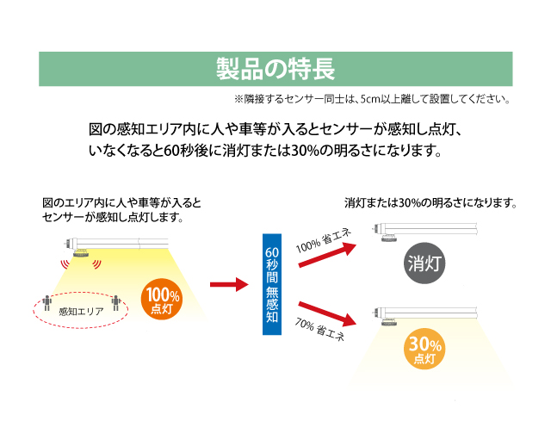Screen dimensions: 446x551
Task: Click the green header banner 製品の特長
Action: (x=275, y=69)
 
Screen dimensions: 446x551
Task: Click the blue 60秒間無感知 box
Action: (x=272, y=285)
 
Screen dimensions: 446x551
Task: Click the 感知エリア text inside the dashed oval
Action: (x=80, y=310)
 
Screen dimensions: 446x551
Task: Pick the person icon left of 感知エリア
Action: (x=46, y=303)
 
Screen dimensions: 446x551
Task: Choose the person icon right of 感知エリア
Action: (x=115, y=303)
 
